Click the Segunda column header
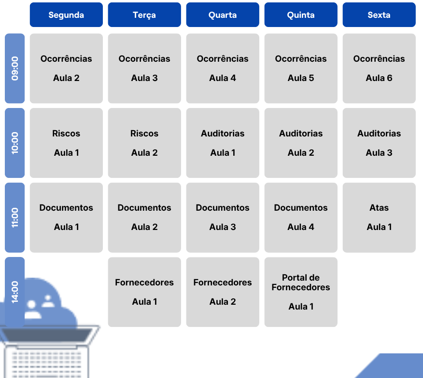click(66, 15)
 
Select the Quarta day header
click(223, 15)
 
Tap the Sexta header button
click(379, 15)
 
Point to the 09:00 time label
click(15, 68)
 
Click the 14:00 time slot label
click(15, 291)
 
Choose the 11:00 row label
click(15, 217)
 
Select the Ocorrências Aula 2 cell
click(66, 68)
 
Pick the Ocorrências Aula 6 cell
click(379, 68)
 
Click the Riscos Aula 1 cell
click(66, 143)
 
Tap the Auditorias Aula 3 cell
click(379, 143)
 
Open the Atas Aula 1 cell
click(379, 217)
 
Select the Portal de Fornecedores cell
click(301, 292)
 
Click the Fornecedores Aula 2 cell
click(223, 292)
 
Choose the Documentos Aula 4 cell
click(301, 217)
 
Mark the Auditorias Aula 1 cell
click(223, 143)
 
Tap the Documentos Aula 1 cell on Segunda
click(66, 217)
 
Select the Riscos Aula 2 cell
click(144, 143)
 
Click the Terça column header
click(144, 15)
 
